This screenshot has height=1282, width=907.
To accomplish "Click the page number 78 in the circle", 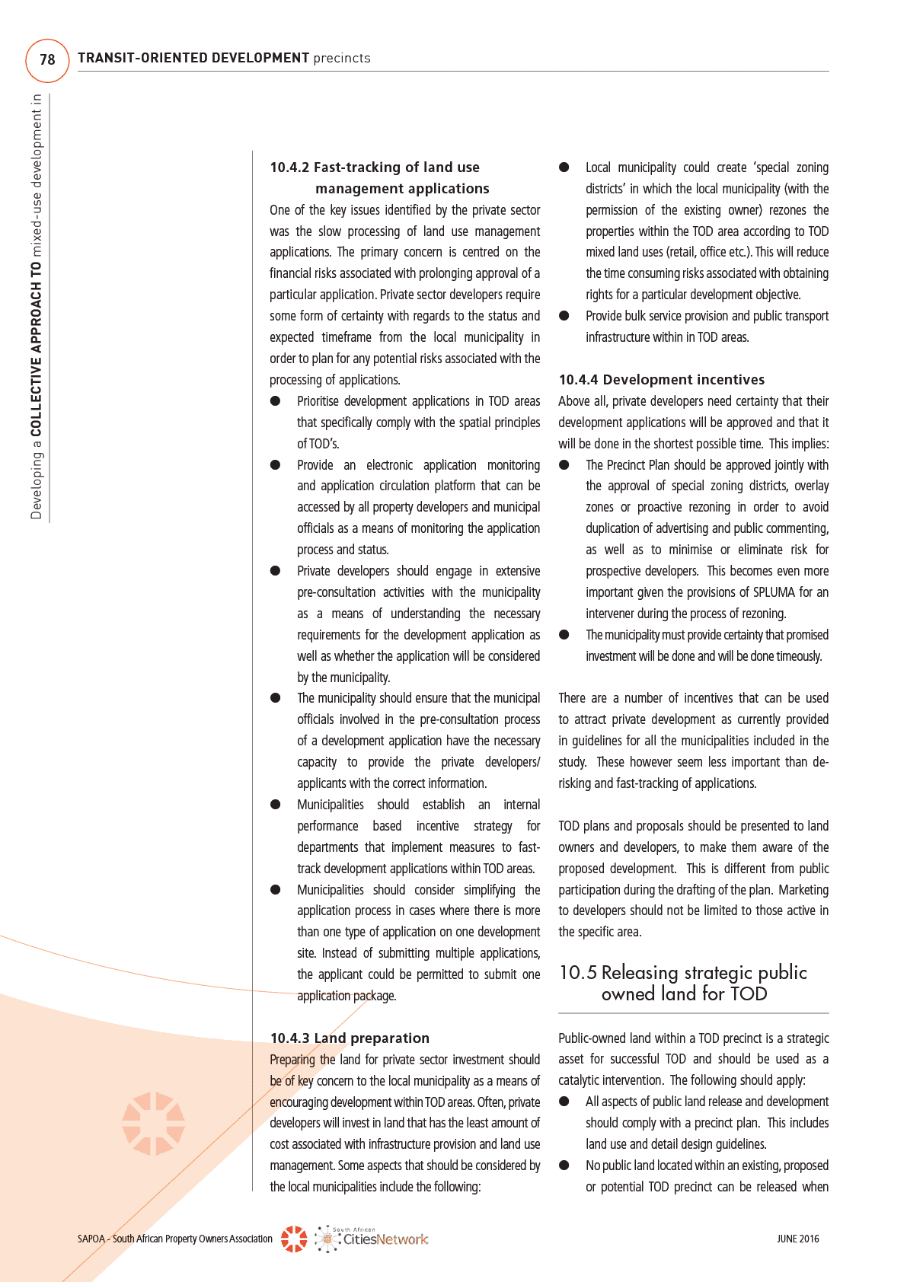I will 47,59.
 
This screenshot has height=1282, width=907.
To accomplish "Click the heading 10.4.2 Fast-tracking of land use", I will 375,167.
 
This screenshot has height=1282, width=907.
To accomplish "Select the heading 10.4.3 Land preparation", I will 350,1038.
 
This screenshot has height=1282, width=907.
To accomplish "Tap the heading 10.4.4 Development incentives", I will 661,380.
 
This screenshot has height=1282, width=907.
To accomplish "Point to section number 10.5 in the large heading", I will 578,972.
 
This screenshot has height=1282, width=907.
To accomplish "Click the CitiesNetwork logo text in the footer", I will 385,1239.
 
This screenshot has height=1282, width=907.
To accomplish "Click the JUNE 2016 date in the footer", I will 797,1239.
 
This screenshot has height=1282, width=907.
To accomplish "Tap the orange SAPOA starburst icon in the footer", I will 294,1239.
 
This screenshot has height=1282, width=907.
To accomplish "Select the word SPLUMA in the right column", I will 774,592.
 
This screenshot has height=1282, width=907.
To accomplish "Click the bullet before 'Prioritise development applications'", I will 276,401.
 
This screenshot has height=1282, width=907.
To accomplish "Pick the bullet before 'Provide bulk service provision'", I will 564,316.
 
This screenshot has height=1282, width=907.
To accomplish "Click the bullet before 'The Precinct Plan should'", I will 564,465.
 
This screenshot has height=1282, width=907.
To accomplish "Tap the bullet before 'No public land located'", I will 564,1166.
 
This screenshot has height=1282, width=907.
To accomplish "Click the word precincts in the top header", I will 342,58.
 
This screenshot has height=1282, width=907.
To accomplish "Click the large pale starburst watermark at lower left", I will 154,1124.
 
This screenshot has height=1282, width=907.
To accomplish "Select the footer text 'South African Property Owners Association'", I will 193,1239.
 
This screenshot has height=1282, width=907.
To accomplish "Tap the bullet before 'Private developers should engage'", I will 276,571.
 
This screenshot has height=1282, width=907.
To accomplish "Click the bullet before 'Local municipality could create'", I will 564,167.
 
